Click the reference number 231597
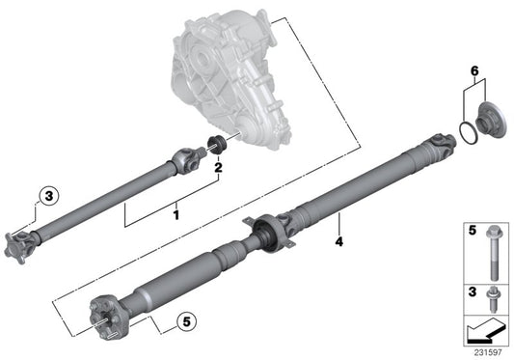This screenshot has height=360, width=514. (488, 353)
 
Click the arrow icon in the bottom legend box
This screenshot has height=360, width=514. (483, 332)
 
